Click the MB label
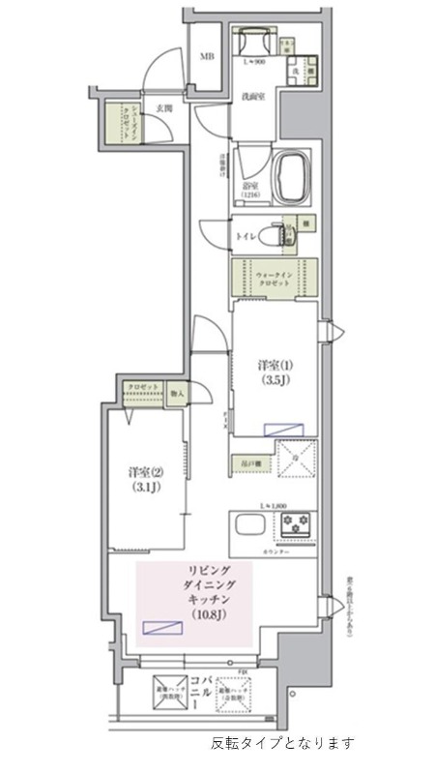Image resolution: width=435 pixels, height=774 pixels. [206, 56]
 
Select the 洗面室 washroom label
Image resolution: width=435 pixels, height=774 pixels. [255, 97]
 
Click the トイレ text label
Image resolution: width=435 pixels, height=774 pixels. [246, 235]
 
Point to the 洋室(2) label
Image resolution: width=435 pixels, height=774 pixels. [145, 472]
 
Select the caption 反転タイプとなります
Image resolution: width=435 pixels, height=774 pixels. [282, 744]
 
